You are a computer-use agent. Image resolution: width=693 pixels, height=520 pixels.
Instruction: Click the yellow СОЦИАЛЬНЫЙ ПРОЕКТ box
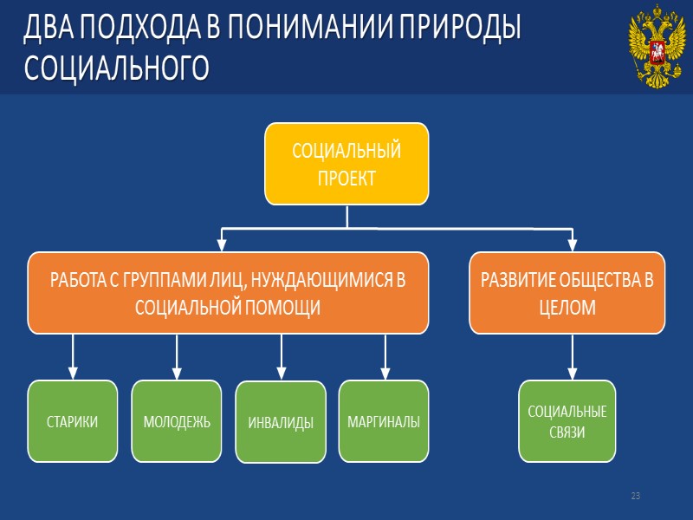pos(346,164)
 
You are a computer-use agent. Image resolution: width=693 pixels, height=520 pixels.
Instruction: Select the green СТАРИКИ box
pos(72,421)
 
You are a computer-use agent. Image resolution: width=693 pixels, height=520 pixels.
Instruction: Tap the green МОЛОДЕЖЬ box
pos(177,421)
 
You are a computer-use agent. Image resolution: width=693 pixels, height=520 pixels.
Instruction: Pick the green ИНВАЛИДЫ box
pos(281,422)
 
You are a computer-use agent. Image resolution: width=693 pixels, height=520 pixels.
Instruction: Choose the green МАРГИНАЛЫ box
pos(384,421)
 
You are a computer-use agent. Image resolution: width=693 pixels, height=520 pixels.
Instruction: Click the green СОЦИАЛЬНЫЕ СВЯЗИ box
pos(567,421)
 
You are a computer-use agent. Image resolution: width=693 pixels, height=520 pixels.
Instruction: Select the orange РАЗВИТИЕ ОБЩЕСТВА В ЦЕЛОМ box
pos(567,293)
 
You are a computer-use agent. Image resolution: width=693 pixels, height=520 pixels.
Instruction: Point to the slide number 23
pos(635,496)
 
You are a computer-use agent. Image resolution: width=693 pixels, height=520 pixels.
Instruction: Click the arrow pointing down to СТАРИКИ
pos(73,356)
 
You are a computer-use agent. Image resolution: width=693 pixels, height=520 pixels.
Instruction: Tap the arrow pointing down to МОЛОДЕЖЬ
pos(177,356)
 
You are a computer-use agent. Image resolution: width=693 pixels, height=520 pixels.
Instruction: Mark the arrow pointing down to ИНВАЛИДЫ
pos(281,356)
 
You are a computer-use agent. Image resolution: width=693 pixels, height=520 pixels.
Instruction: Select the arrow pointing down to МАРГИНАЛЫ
pos(385,356)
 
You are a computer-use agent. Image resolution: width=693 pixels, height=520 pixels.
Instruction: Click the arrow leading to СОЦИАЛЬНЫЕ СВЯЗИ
pos(573,356)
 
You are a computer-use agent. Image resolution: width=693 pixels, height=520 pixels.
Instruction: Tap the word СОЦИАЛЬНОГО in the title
pos(116,68)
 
